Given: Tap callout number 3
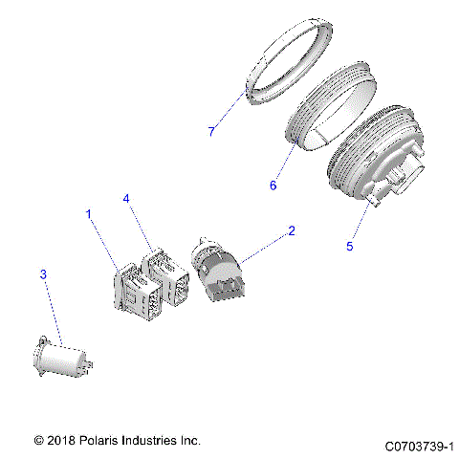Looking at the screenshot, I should [x=42, y=274].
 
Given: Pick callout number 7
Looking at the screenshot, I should [x=211, y=131].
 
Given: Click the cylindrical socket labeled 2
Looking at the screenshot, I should [x=221, y=268].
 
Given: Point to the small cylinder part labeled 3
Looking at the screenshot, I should [x=65, y=361].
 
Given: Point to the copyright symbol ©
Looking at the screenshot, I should [x=38, y=441].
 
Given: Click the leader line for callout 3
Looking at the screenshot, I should [x=53, y=311].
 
